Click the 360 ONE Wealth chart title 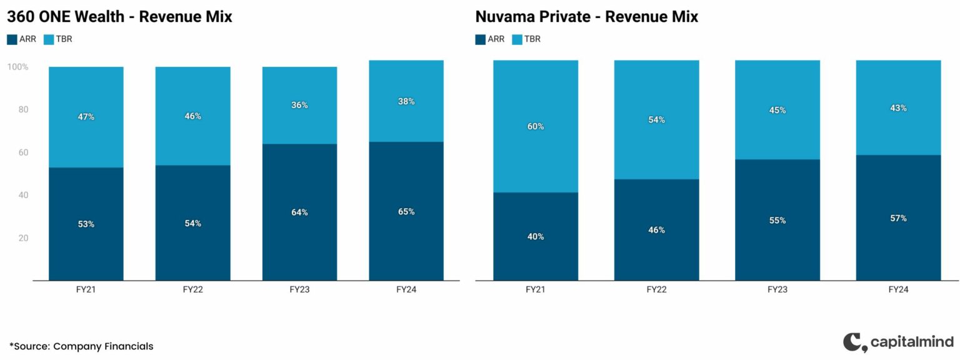[x=119, y=17]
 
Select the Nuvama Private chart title [x=586, y=17]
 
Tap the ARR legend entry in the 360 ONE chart [x=22, y=39]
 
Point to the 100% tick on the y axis [x=17, y=67]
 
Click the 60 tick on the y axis [x=23, y=152]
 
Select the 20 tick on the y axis [x=23, y=238]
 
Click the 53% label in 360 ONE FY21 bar [x=86, y=224]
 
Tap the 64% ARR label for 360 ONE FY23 [x=299, y=212]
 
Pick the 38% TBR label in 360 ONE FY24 [x=406, y=101]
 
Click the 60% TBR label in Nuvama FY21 [x=536, y=126]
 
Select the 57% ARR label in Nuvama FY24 [x=898, y=218]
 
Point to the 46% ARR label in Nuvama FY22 [x=656, y=230]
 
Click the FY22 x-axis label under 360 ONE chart [x=192, y=290]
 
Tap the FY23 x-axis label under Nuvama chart [x=777, y=290]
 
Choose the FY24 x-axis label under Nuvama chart [x=898, y=290]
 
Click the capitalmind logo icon [x=853, y=342]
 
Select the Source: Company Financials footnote [x=81, y=346]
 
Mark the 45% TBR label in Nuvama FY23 [x=777, y=111]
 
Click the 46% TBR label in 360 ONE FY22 [x=192, y=116]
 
